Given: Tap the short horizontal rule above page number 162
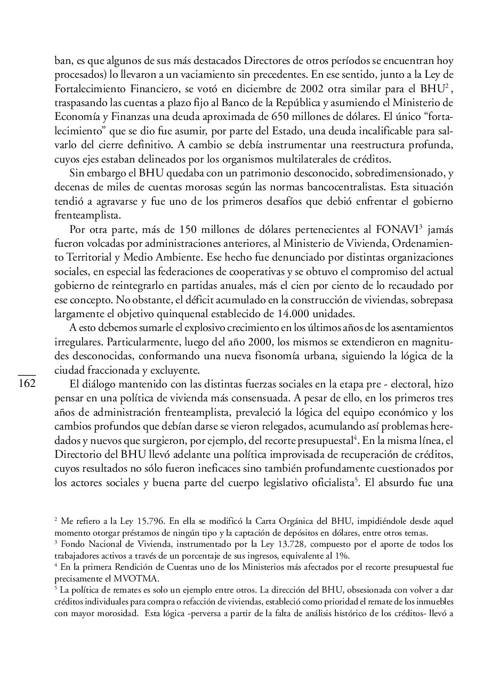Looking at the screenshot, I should (x=27, y=376).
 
